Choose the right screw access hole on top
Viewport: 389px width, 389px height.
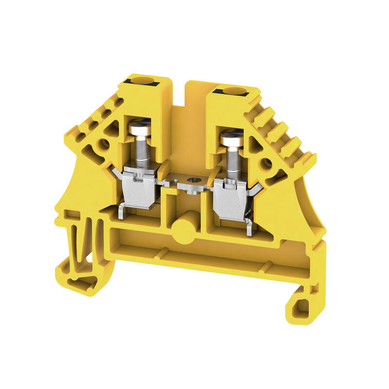point(234,91)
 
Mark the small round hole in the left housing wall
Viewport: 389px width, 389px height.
point(104,144)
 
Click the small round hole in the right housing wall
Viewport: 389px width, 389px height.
point(265,164)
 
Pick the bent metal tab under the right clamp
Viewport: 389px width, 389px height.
point(249,227)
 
